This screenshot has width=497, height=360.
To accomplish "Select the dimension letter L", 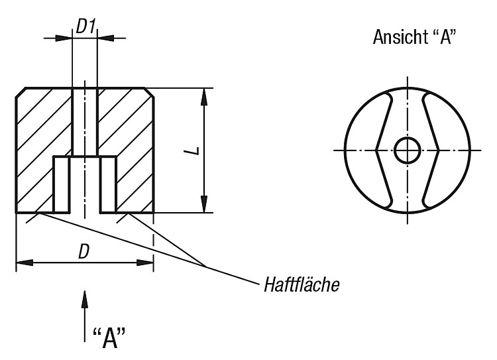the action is [196, 150].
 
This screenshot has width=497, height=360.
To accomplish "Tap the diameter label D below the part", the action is [83, 252].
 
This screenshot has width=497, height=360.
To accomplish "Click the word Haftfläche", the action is [302, 284].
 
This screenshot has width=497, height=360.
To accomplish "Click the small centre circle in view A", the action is [408, 150].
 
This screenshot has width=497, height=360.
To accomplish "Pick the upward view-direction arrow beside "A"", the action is [84, 316].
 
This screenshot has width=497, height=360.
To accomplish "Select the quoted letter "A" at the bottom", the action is [109, 338].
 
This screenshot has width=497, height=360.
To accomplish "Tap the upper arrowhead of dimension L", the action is [205, 96].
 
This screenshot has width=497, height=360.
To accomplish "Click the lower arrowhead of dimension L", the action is [205, 204].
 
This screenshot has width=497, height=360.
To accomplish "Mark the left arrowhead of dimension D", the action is [25, 263].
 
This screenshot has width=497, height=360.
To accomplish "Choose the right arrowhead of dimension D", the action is [145, 263].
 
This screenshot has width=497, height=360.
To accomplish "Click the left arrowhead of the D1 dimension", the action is [64, 38].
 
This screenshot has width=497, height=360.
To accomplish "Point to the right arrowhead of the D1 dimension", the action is [105, 38].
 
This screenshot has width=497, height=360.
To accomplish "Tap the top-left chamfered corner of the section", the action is [21, 92].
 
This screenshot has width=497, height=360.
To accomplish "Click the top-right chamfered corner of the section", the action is [149, 92].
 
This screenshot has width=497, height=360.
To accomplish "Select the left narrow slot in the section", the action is [61, 184].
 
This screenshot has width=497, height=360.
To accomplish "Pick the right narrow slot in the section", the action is [109, 184].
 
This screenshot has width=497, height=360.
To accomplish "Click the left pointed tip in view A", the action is [376, 150].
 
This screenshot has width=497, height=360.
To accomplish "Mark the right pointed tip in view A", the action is [439, 150].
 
